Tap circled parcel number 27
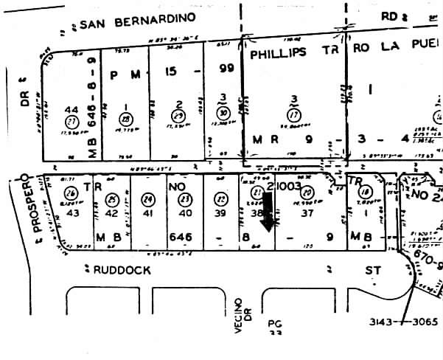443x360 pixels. [71, 120]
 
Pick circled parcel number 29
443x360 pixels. [177, 117]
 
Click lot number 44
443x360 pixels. [72, 106]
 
